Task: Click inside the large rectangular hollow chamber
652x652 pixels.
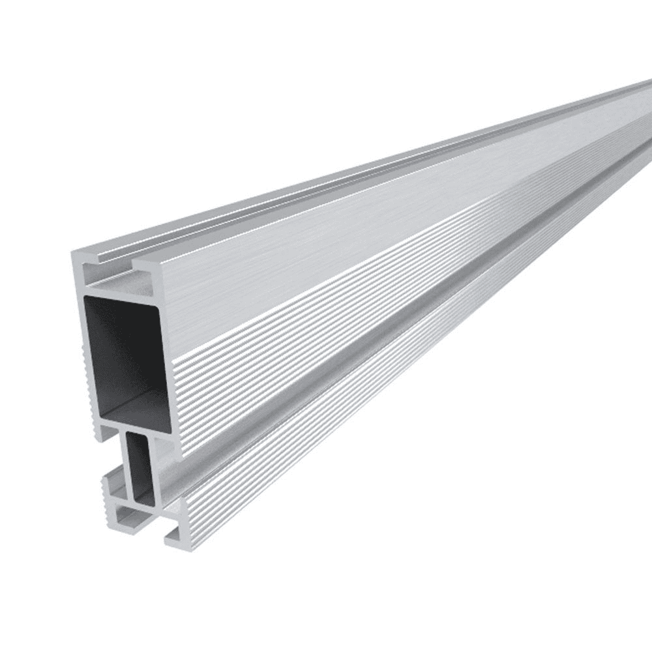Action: (x=124, y=346)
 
